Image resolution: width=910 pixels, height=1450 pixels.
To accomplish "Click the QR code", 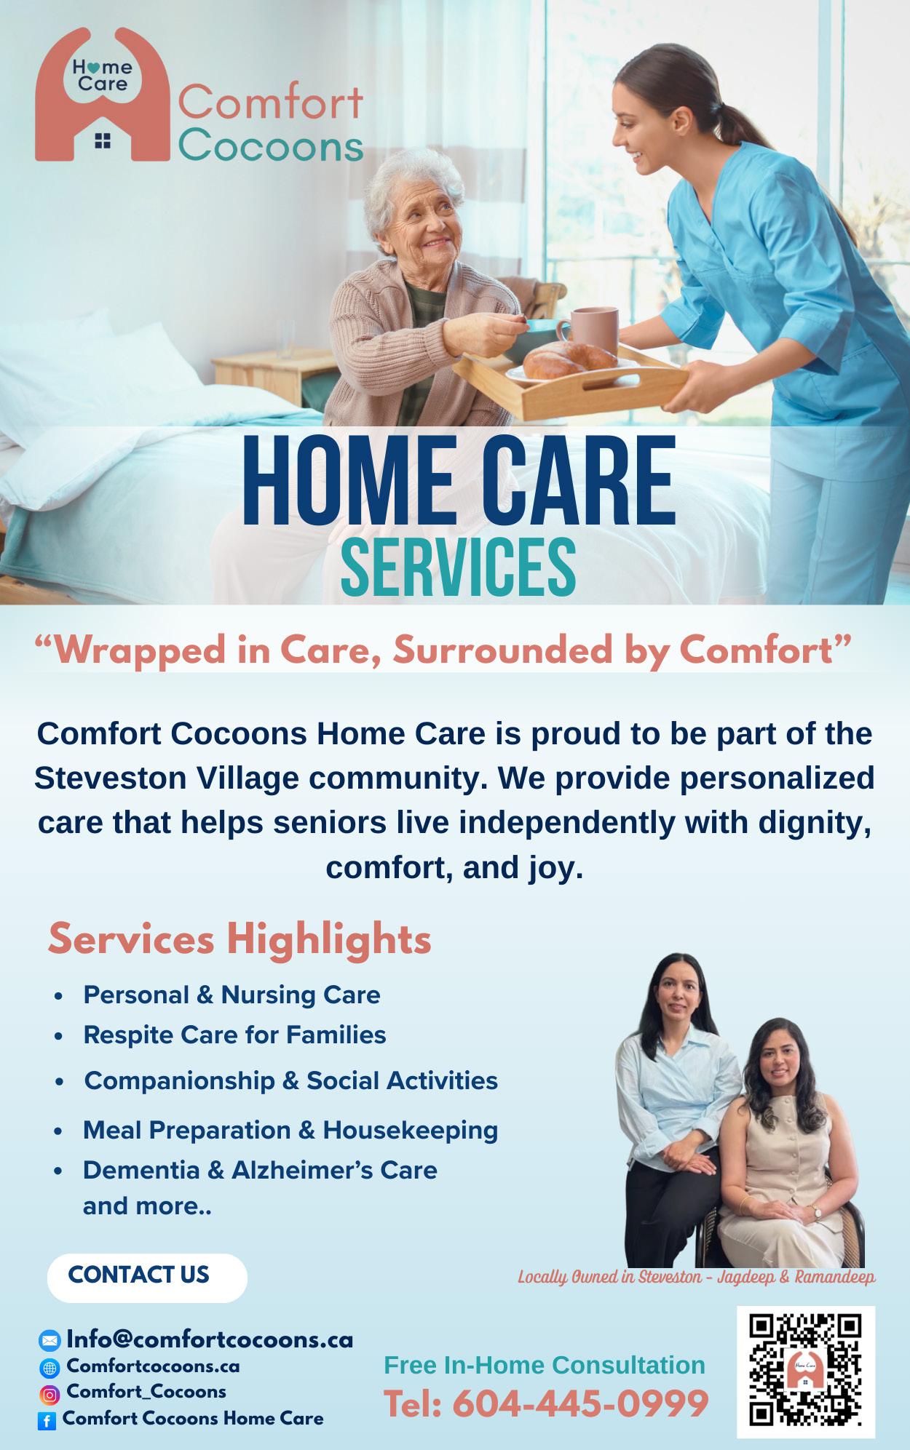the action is (x=805, y=1370).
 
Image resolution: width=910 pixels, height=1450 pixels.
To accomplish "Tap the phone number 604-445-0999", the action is (x=580, y=1403).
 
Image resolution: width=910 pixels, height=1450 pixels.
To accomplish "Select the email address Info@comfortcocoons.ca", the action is (x=210, y=1339).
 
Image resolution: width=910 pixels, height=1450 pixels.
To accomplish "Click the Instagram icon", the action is (x=50, y=1395).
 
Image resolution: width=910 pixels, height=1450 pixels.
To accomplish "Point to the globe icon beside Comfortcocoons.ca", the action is (x=50, y=1368).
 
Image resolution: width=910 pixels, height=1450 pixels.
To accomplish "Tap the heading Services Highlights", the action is (x=240, y=939).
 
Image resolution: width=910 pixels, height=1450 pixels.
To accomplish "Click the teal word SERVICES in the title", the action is (x=458, y=567).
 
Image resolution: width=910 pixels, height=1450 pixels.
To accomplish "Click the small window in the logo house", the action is (x=102, y=140).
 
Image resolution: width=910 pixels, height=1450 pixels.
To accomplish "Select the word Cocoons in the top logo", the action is (x=271, y=146).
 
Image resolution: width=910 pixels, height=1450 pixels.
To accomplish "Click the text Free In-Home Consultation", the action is (x=545, y=1365).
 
